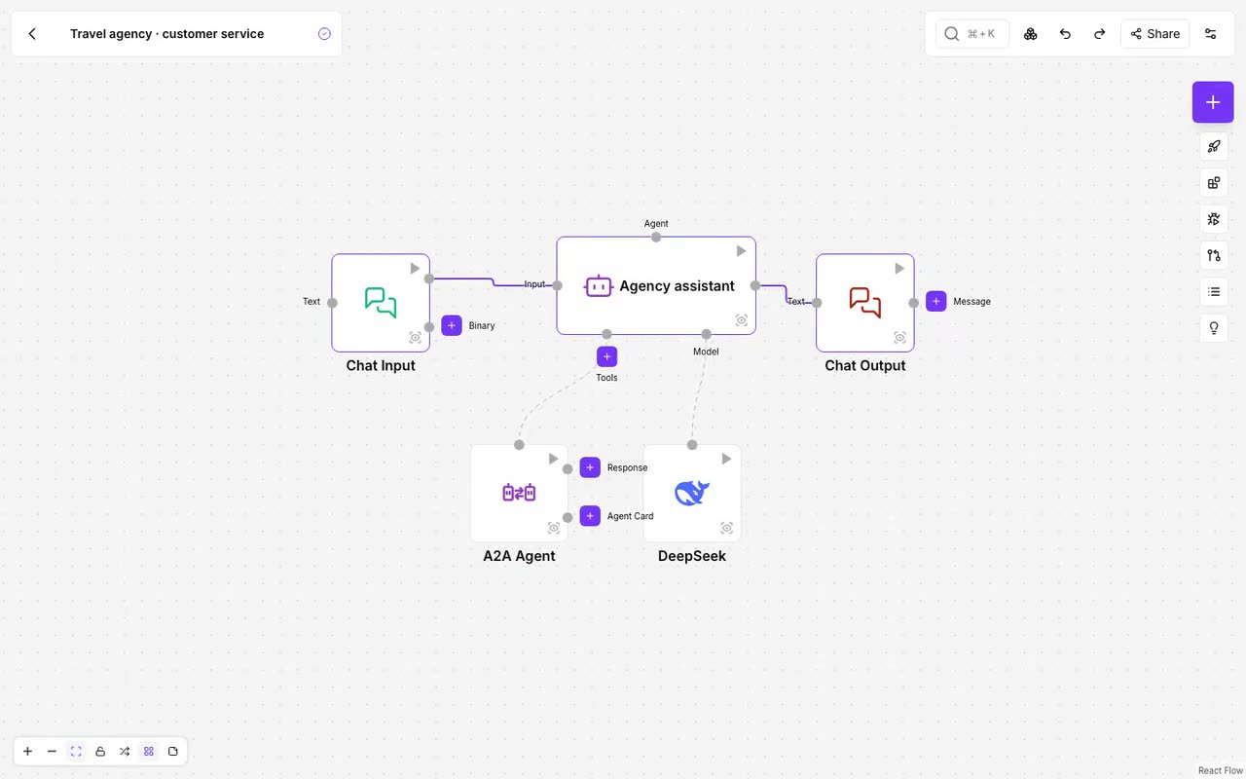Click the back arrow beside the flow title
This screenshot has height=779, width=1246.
pos(32,34)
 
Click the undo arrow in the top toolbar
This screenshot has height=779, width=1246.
pos(1065,34)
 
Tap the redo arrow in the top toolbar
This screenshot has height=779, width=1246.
pos(1099,34)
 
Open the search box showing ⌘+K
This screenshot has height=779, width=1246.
pos(971,34)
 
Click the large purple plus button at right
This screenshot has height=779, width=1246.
pos(1213,102)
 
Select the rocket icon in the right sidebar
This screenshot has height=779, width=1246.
pos(1214,146)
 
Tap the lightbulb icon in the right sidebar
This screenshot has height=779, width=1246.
pos(1214,328)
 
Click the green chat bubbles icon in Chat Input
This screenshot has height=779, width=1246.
pos(381,302)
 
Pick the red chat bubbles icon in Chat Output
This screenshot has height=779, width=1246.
pos(865,302)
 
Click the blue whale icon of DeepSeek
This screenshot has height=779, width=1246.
pos(691,493)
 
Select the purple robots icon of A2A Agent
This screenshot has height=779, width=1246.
pos(519,493)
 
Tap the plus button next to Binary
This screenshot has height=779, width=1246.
pos(451,325)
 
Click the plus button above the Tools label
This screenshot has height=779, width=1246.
pos(606,356)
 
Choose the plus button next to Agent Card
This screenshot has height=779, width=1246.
pos(590,516)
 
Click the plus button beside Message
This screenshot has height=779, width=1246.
pos(936,301)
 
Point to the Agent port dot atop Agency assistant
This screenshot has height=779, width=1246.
pos(656,237)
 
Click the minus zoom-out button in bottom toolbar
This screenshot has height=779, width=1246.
pos(52,751)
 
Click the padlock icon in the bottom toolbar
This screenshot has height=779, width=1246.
pos(100,751)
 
